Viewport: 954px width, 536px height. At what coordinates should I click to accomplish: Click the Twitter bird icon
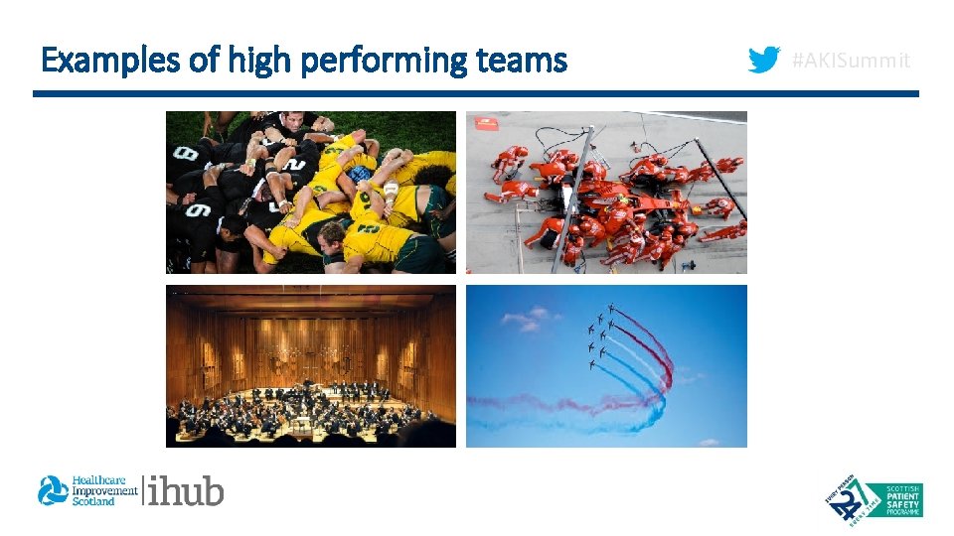point(763,62)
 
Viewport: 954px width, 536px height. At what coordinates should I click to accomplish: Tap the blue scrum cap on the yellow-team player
point(360,175)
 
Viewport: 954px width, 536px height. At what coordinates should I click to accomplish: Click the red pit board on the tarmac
point(486,124)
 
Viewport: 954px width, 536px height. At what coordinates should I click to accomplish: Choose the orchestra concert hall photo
point(310,365)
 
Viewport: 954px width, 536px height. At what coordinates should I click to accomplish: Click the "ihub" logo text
point(186,490)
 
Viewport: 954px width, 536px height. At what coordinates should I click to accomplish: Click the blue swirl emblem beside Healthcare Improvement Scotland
point(53,490)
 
